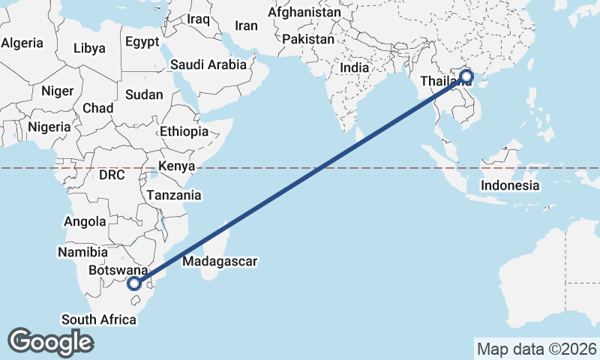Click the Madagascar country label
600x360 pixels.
coord(220,262)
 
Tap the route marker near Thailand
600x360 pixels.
coord(466,76)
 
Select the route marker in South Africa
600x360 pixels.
coord(134,283)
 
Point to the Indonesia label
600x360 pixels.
coord(510,185)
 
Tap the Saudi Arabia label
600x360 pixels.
coord(208,64)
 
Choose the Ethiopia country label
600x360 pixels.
coord(184,131)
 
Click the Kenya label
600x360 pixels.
coord(177,166)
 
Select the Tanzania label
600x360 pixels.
coord(174,195)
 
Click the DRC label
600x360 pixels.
coord(111,174)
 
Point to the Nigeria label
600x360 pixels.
coord(49,127)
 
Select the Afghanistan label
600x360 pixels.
coord(304,13)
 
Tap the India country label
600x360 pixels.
coord(355,67)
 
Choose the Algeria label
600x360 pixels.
coord(22,43)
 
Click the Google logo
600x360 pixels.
coord(50,342)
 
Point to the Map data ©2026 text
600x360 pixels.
coord(536,349)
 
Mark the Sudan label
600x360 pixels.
coord(139,94)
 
